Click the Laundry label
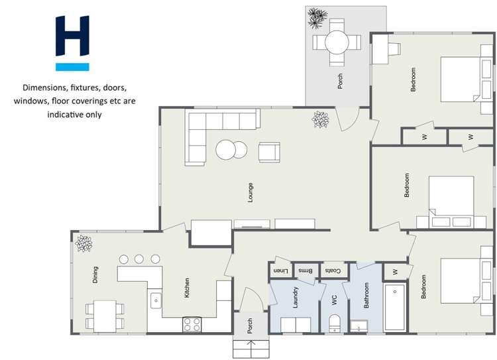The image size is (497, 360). (295, 298)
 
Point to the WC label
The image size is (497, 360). (335, 300)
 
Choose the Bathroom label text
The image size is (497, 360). (366, 296)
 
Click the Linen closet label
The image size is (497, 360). (281, 270)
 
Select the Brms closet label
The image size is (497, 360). (305, 270)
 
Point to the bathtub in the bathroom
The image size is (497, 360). (397, 308)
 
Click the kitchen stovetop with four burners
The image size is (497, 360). (192, 324)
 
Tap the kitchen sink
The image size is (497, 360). (156, 300)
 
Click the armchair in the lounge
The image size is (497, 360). (269, 152)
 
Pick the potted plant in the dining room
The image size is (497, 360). (84, 243)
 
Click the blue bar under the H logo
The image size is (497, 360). (72, 67)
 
